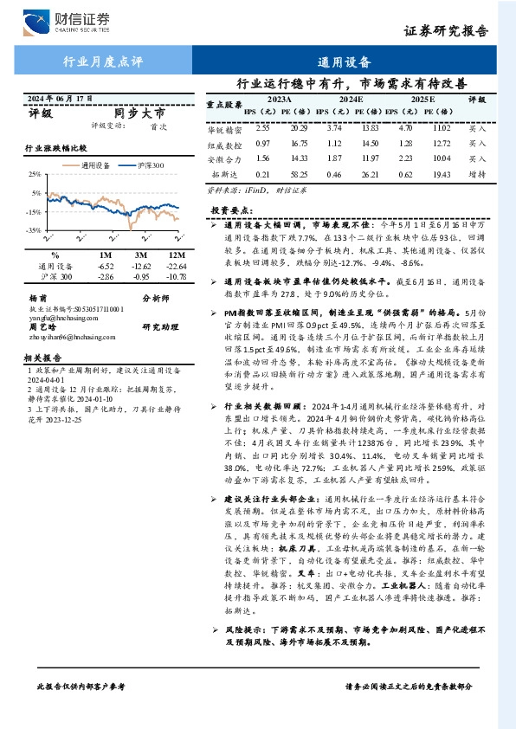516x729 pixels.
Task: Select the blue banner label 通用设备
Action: (x=345, y=62)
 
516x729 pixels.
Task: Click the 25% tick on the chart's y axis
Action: (x=35, y=175)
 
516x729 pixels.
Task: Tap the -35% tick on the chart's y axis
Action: (x=34, y=230)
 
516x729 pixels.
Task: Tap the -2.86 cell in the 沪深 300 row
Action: (x=106, y=276)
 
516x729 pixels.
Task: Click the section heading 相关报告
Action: (x=41, y=357)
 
